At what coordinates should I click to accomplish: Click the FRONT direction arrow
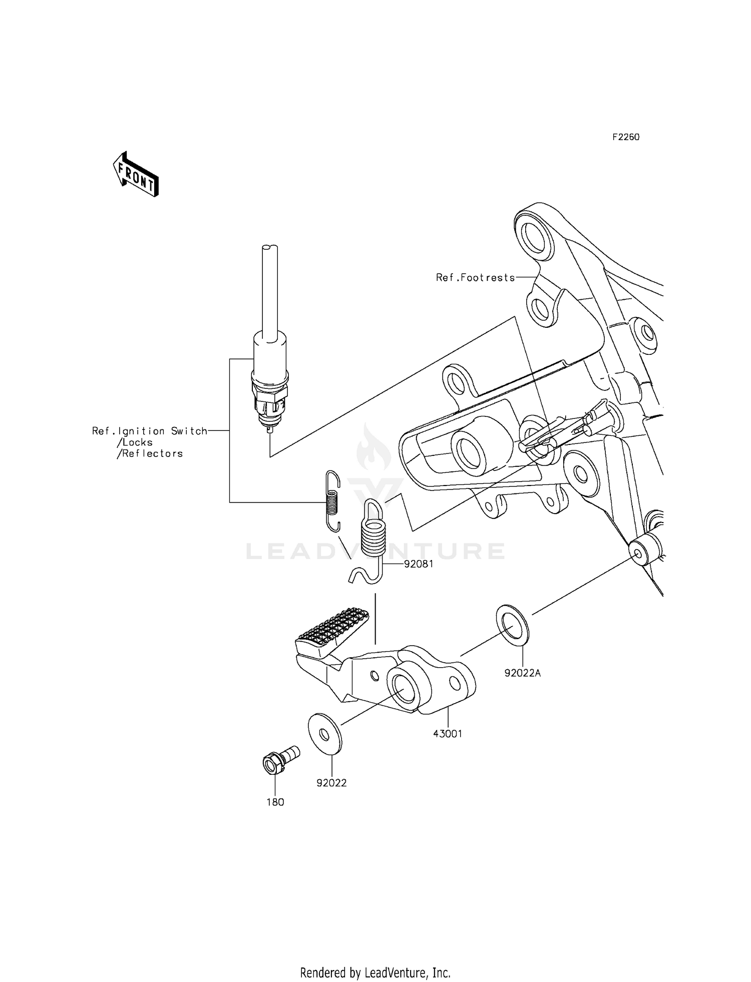pyautogui.click(x=136, y=174)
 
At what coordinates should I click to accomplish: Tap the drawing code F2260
pyautogui.click(x=625, y=137)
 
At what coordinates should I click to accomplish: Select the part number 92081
pyautogui.click(x=419, y=564)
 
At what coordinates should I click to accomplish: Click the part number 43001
pyautogui.click(x=448, y=734)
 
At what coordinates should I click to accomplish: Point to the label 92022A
pyautogui.click(x=523, y=673)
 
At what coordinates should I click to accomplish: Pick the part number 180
pyautogui.click(x=275, y=802)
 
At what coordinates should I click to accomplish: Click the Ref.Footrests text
pyautogui.click(x=475, y=277)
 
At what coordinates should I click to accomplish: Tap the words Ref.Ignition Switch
pyautogui.click(x=149, y=431)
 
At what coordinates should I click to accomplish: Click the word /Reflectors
pyautogui.click(x=150, y=453)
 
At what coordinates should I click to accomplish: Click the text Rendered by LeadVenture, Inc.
pyautogui.click(x=375, y=972)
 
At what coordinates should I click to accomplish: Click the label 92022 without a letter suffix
pyautogui.click(x=331, y=783)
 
